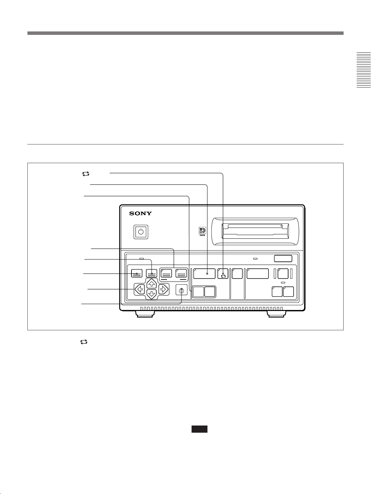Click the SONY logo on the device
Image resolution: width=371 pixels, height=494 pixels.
pos(140,213)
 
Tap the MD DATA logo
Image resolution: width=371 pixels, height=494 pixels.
pos(202,232)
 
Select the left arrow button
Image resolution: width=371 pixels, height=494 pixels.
pos(140,289)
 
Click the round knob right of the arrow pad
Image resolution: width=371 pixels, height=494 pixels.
pos(182,291)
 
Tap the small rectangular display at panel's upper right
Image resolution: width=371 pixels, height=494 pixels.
pos(283,258)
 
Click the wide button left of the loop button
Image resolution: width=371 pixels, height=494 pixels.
pos(204,273)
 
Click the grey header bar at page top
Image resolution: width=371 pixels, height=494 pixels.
pos(185,33)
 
